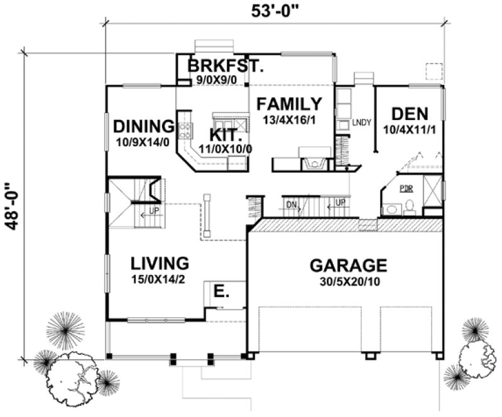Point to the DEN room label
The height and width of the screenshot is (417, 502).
tap(409, 114)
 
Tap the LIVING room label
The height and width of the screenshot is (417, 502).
tap(159, 263)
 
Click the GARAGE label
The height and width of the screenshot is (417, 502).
tap(348, 264)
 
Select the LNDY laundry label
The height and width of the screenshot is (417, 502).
tap(359, 122)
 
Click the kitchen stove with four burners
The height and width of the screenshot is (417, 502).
tap(187, 130)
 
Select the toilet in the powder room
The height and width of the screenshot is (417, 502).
tap(409, 205)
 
